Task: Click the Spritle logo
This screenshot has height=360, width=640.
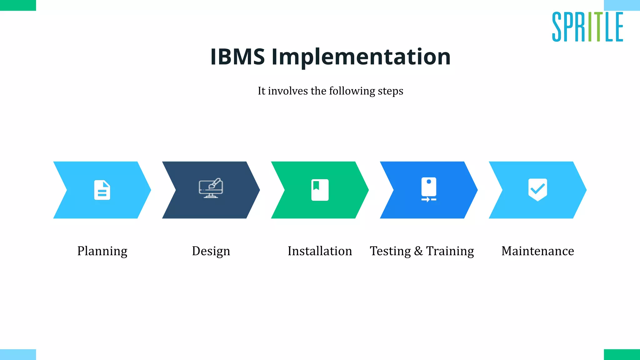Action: [x=587, y=27]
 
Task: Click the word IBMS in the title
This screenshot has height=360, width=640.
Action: [x=237, y=57]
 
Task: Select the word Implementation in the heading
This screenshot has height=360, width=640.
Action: [x=361, y=57]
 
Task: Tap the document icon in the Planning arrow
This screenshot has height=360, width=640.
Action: [x=102, y=190]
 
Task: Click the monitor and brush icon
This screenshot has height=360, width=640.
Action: [x=211, y=188]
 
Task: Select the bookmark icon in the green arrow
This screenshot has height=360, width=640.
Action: [x=320, y=190]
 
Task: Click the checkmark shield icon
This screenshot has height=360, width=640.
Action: [x=537, y=189]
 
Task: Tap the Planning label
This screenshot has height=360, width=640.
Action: [x=102, y=251]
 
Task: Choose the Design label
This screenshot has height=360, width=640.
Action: [x=211, y=251]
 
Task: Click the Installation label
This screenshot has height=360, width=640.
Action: [x=320, y=251]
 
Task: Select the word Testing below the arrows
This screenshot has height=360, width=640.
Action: [x=390, y=251]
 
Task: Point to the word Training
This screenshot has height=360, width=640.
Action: [x=450, y=251]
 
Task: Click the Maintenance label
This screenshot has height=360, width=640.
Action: [x=537, y=251]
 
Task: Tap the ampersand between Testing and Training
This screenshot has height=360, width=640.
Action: [x=418, y=251]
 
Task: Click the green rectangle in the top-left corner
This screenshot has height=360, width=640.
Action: [x=18, y=5]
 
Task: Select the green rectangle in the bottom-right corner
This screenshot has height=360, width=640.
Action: [x=622, y=354]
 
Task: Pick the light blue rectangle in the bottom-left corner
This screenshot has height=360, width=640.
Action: [x=18, y=354]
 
